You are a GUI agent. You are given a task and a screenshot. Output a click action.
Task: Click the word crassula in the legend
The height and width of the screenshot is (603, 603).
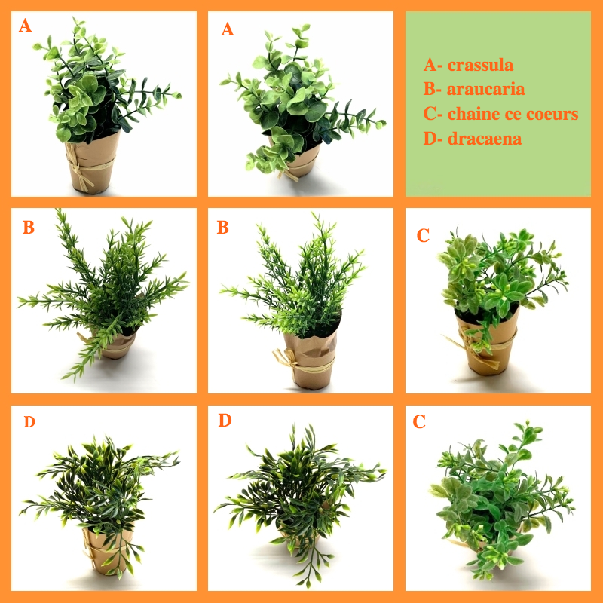pyautogui.click(x=480, y=65)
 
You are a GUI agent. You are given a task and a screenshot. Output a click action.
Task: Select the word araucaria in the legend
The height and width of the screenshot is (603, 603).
pyautogui.click(x=485, y=89)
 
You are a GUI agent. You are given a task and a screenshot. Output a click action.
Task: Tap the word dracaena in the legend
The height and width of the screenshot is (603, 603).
pyautogui.click(x=485, y=139)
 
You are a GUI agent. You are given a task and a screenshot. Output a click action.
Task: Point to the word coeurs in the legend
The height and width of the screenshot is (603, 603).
pyautogui.click(x=552, y=114)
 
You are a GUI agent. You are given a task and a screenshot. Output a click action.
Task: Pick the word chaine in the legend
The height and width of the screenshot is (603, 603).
pyautogui.click(x=474, y=114)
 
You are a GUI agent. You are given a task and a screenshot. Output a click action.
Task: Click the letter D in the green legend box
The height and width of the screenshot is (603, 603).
pyautogui.click(x=430, y=139)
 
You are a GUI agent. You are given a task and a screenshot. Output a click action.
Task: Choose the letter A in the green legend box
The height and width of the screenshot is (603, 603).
pyautogui.click(x=430, y=65)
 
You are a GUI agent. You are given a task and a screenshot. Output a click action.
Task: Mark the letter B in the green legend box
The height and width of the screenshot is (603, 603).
pyautogui.click(x=429, y=89)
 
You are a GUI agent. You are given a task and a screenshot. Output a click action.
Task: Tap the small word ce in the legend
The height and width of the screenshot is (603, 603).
pyautogui.click(x=513, y=115)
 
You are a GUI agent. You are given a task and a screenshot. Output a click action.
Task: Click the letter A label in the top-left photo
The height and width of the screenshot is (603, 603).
pyautogui.click(x=26, y=26)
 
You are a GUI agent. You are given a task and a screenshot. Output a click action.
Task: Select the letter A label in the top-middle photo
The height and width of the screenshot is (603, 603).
pyautogui.click(x=228, y=29)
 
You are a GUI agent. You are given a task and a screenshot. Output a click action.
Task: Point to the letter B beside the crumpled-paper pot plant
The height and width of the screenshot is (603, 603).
pyautogui.click(x=222, y=228)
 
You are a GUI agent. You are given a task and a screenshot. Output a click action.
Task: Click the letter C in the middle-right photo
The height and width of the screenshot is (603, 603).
pyautogui.click(x=423, y=235)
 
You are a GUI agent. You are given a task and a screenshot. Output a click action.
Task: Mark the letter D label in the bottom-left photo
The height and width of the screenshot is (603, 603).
pyautogui.click(x=29, y=422)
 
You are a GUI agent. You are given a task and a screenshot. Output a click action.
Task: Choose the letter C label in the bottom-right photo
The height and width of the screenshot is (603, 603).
pyautogui.click(x=419, y=421)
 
